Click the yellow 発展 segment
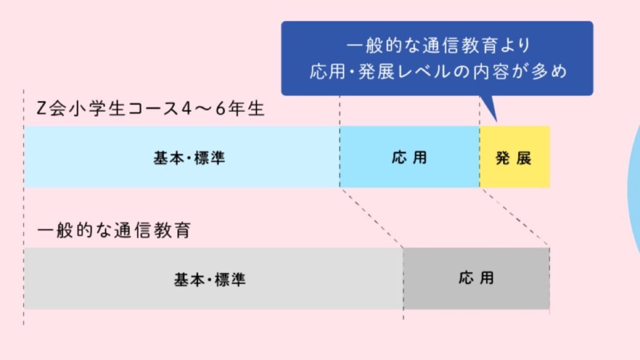(x=514, y=157)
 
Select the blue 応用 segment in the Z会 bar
(x=409, y=157)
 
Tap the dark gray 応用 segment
(x=476, y=278)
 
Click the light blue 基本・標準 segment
(x=181, y=157)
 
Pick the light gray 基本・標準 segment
(x=213, y=278)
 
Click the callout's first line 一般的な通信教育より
(x=437, y=46)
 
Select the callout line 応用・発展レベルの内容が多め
(x=437, y=71)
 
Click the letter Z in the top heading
(x=42, y=109)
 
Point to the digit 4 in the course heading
(x=187, y=109)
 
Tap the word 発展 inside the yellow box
(x=514, y=157)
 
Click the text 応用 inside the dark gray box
(x=476, y=278)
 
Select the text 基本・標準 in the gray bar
(x=209, y=279)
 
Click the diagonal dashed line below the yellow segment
(x=515, y=216)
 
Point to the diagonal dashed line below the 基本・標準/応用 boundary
(x=372, y=217)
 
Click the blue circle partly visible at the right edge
(x=634, y=181)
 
